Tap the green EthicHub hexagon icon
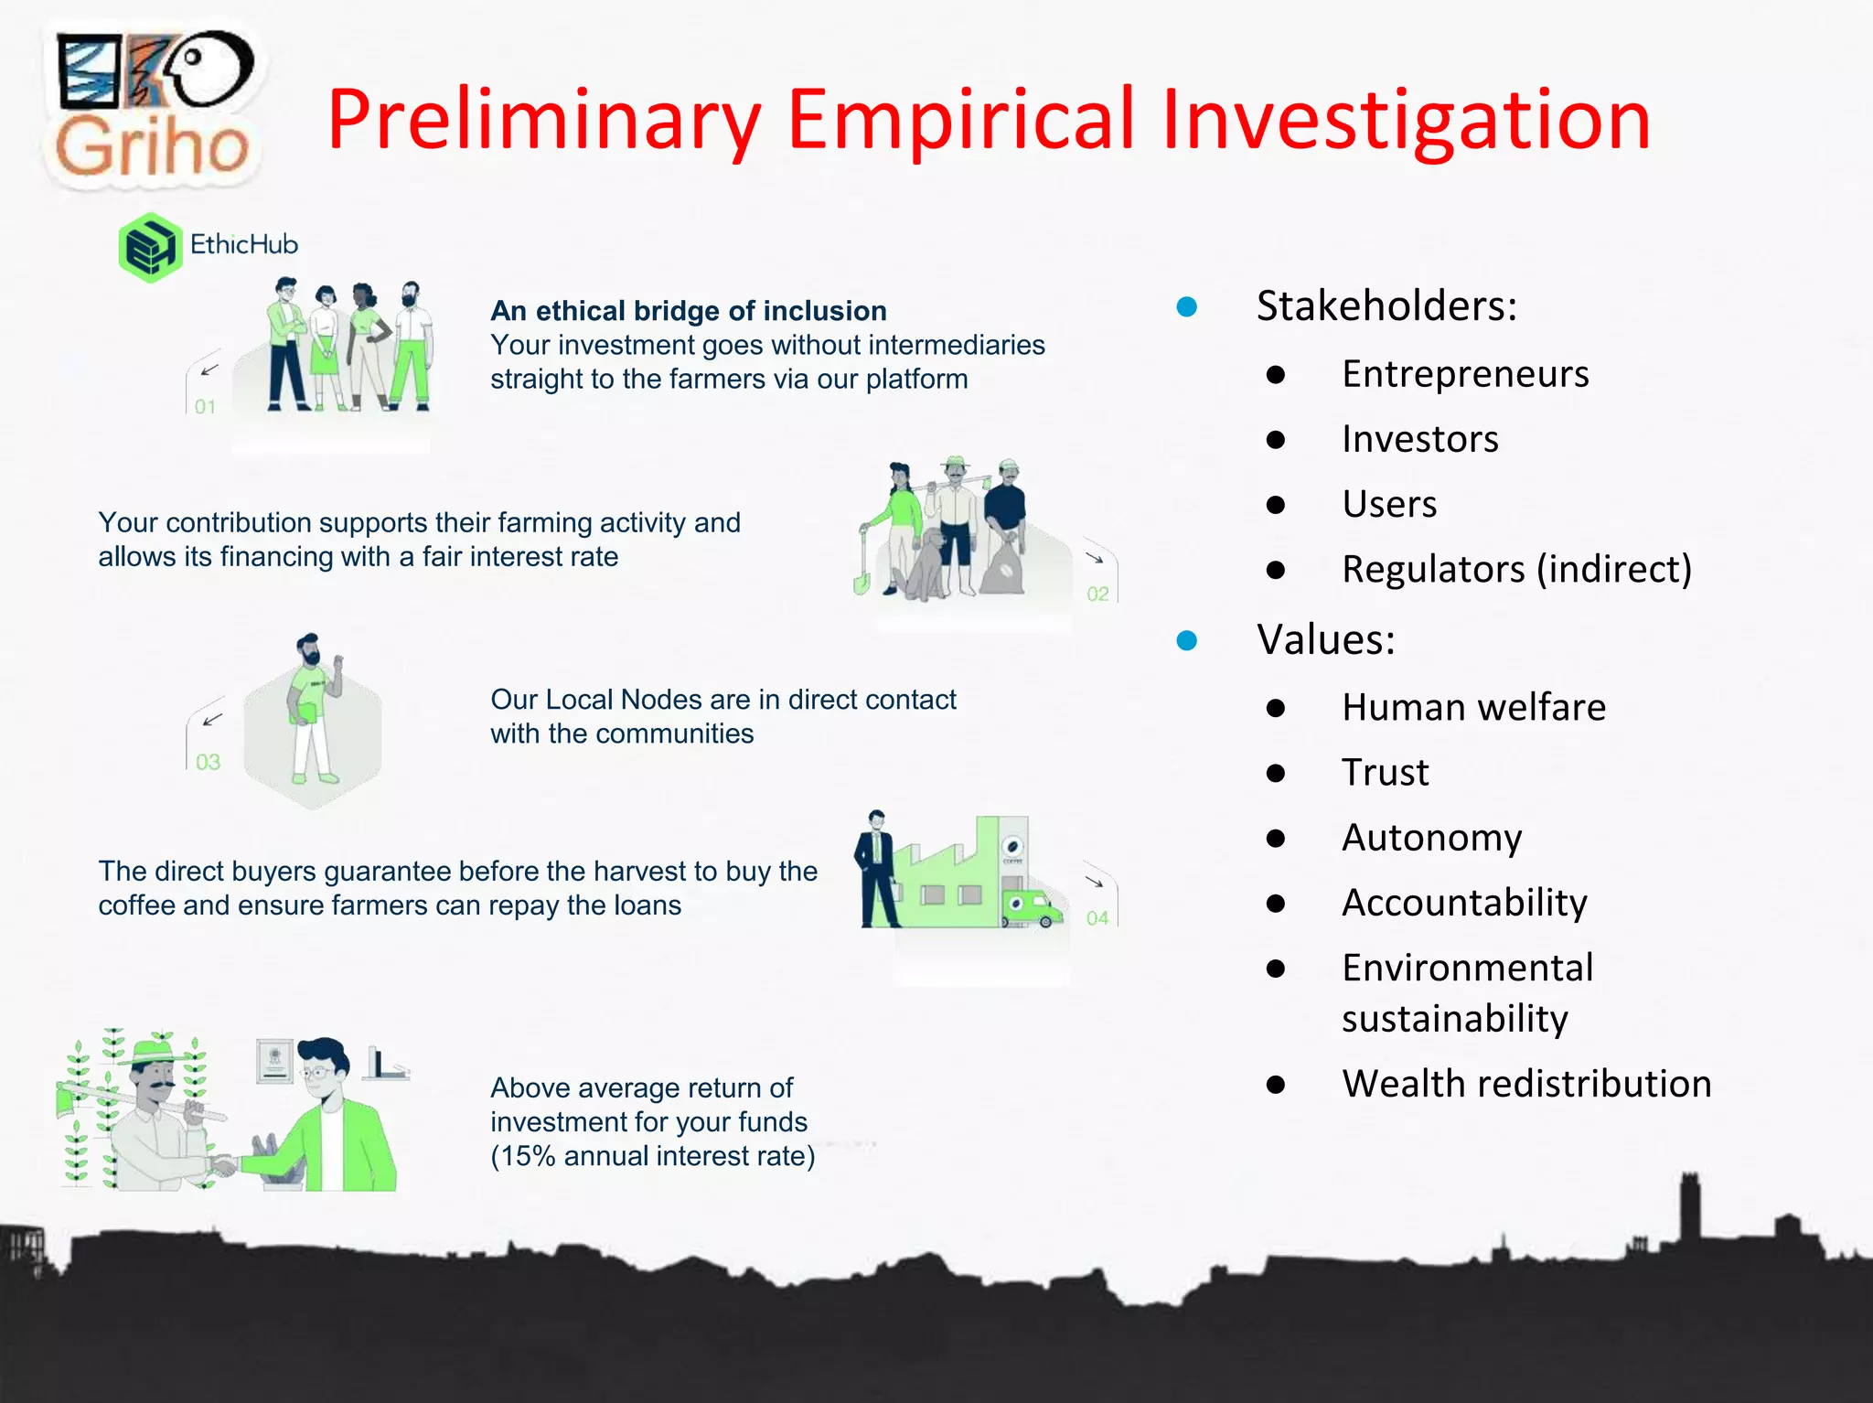pyautogui.click(x=149, y=248)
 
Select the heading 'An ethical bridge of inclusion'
pyautogui.click(x=688, y=311)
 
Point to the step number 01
pyautogui.click(x=205, y=407)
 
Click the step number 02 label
pyautogui.click(x=1097, y=594)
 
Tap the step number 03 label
pyautogui.click(x=208, y=762)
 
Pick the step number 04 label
pyautogui.click(x=1097, y=918)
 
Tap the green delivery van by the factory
pyautogui.click(x=1032, y=908)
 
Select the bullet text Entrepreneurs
pyautogui.click(x=1465, y=374)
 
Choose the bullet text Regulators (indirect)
pyautogui.click(x=1516, y=569)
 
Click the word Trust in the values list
pyautogui.click(x=1385, y=773)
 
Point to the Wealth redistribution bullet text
pyautogui.click(x=1526, y=1084)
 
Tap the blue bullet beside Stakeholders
pyautogui.click(x=1187, y=306)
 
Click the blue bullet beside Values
pyautogui.click(x=1187, y=640)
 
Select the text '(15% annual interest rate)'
pyautogui.click(x=652, y=1156)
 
